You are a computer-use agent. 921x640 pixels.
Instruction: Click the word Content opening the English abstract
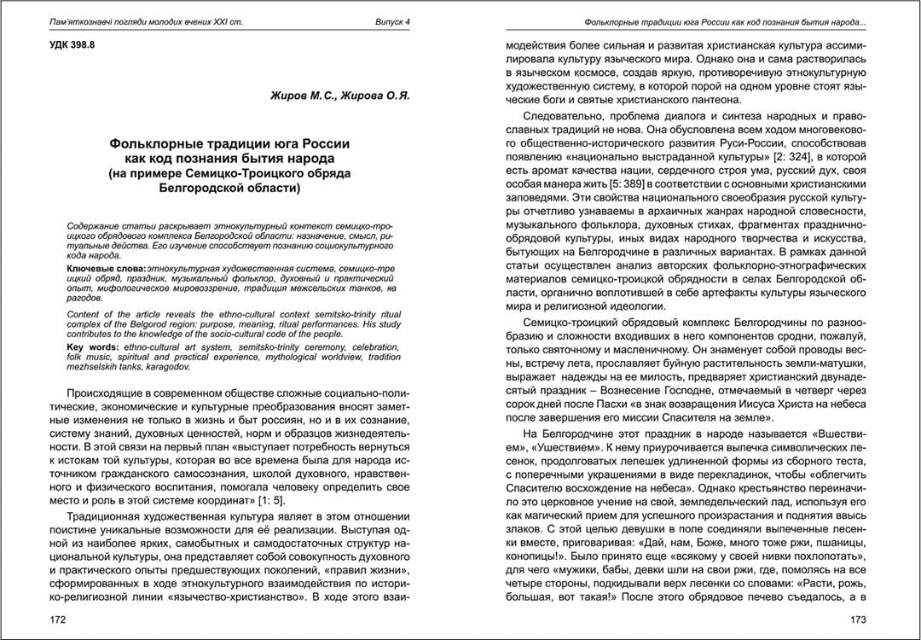click(84, 315)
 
